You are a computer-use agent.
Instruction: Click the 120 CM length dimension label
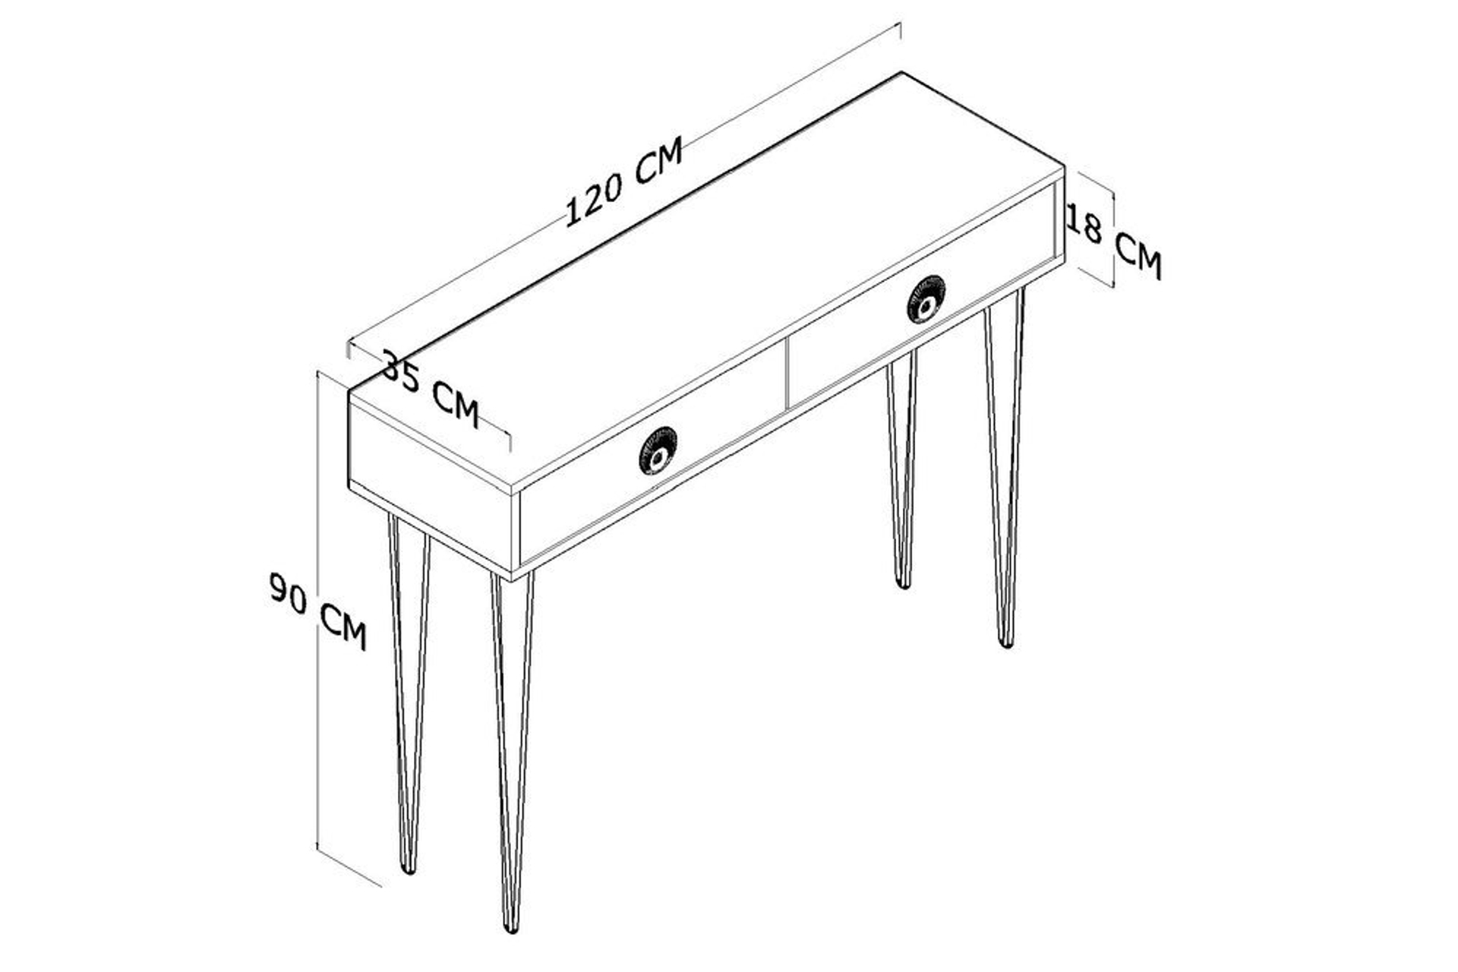(x=624, y=181)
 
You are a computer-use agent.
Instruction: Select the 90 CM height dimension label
(x=318, y=612)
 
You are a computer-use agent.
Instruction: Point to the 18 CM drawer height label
(x=1114, y=243)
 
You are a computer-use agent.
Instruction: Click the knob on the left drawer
(x=658, y=451)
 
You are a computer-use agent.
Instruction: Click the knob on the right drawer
(x=926, y=299)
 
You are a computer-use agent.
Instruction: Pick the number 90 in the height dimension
(x=289, y=593)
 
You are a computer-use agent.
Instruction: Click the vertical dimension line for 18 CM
(x=1113, y=238)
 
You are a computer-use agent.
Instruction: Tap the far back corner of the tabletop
(x=901, y=73)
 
